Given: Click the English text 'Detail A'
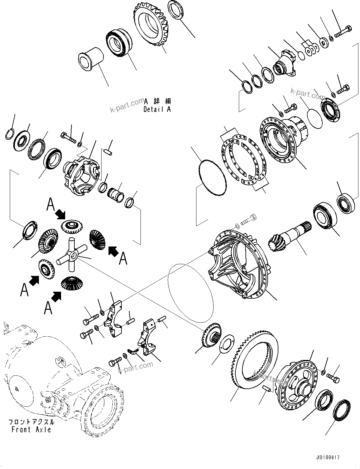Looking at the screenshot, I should tap(157, 110).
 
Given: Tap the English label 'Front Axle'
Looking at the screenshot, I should tap(31, 429).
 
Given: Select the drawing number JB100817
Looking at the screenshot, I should tap(327, 457).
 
